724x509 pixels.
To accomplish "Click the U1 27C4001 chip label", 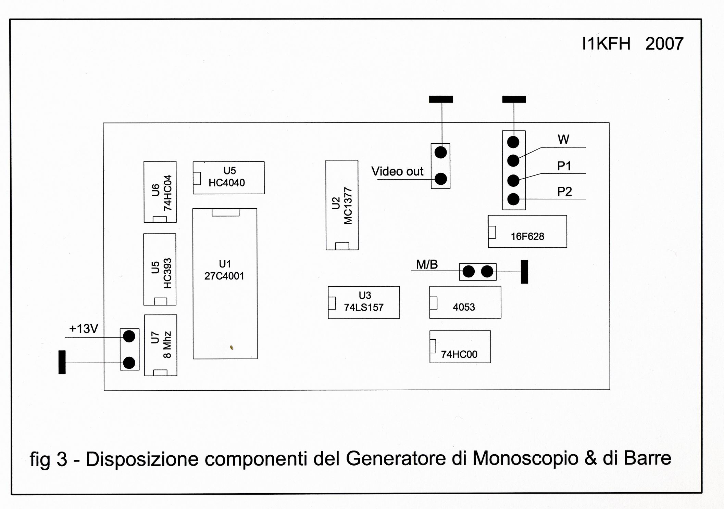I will [224, 276].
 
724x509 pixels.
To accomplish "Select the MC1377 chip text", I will [348, 206].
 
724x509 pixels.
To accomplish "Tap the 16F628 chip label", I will [527, 236].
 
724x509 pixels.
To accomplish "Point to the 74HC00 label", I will [459, 354].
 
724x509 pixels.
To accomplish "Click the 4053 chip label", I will [464, 307].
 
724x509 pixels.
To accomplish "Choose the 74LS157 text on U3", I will [364, 308].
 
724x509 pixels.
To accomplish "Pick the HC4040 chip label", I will [227, 183].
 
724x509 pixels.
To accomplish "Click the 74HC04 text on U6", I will [167, 193].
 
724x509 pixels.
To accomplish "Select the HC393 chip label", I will [167, 273].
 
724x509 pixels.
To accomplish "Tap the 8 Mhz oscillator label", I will [167, 344].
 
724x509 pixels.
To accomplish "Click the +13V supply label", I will [84, 329].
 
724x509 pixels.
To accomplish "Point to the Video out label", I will [397, 171].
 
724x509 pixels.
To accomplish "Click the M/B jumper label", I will [427, 264].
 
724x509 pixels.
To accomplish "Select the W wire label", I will [563, 140].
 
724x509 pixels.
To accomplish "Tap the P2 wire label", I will [564, 192].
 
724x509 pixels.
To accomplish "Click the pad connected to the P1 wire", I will [513, 181].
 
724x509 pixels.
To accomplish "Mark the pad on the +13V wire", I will [129, 337].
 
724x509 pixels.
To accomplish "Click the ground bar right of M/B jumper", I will [524, 272].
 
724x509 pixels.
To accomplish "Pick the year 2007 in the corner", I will [664, 44].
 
